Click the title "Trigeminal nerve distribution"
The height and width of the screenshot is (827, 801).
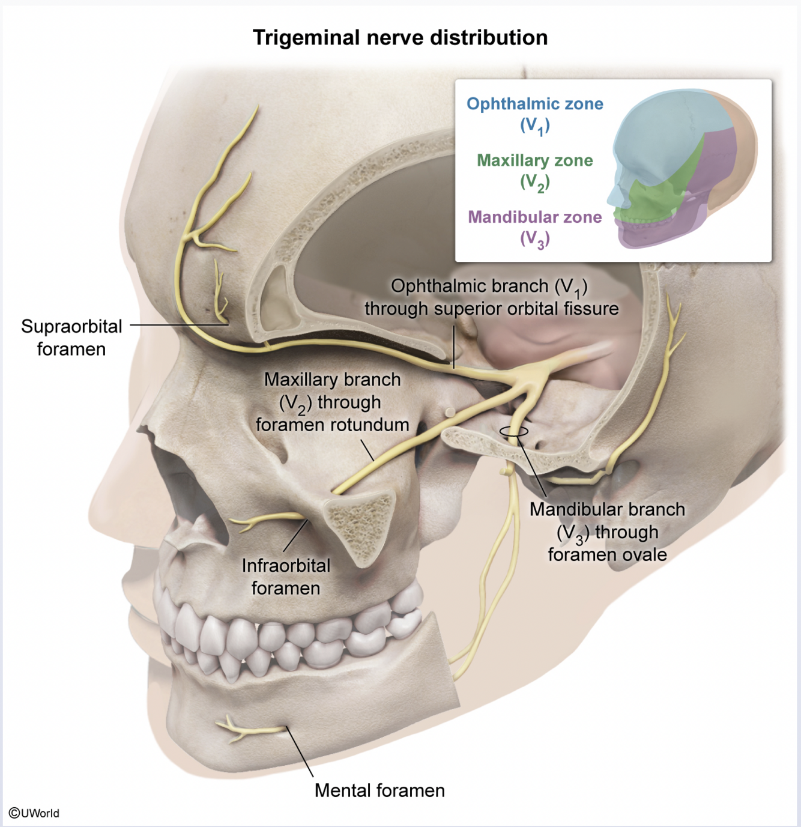pos(400,38)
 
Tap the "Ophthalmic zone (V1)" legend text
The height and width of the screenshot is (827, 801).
pos(534,114)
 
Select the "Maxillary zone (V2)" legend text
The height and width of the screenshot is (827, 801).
pos(534,171)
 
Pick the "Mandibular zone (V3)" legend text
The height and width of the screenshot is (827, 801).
pos(534,227)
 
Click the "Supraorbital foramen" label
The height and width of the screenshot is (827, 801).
pos(71,338)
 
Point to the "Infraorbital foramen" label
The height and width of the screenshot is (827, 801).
pos(286,577)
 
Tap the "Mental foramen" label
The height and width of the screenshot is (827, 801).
pos(379,790)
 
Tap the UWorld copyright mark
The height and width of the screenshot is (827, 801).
pos(34,813)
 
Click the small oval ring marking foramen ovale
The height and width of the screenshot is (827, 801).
pos(514,431)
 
